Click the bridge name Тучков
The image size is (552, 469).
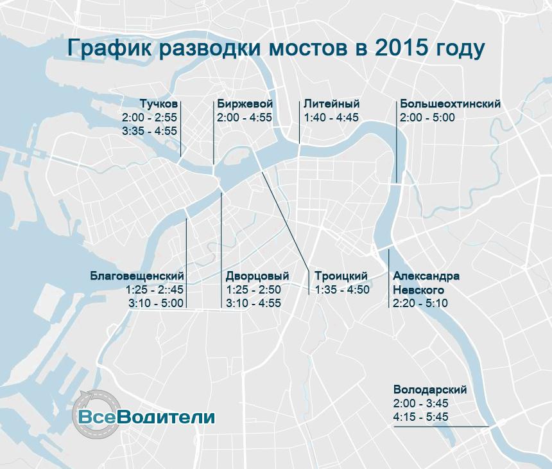(x=159, y=105)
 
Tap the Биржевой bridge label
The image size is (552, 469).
(x=245, y=105)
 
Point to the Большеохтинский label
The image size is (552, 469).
(x=450, y=105)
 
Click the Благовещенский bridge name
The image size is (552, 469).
(x=137, y=276)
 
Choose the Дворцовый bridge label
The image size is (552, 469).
(x=257, y=276)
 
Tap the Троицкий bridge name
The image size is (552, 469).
(x=341, y=276)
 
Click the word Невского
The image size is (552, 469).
(x=418, y=290)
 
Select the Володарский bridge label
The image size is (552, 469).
(x=430, y=391)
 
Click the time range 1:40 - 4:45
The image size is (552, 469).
(x=331, y=118)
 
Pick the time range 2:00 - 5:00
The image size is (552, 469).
(x=427, y=118)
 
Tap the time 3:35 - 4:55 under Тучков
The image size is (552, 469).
(x=149, y=131)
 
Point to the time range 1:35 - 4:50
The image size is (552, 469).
(x=342, y=290)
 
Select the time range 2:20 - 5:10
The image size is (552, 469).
(x=420, y=303)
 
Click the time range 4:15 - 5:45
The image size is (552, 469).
(x=421, y=418)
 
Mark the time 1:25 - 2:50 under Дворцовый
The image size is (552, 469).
(x=254, y=290)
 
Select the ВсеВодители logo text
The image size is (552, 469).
(x=146, y=416)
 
